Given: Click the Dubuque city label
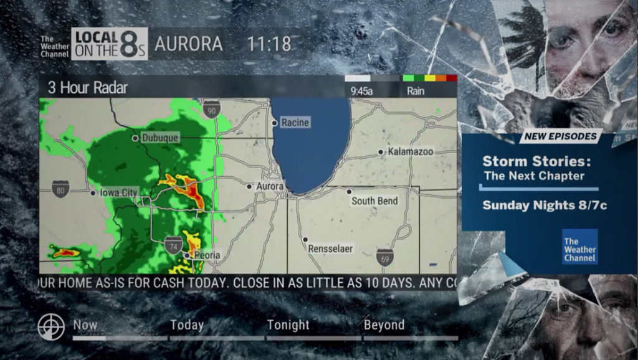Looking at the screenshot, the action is click(x=160, y=138).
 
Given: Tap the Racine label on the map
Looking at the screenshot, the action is click(x=295, y=123).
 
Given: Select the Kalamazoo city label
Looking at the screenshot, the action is click(x=410, y=151).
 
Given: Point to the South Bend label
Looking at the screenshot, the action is click(x=374, y=201).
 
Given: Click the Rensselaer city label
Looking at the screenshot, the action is click(x=330, y=249).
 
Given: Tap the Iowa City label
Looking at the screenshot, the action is click(x=118, y=193).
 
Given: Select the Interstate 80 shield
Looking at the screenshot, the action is click(x=60, y=189).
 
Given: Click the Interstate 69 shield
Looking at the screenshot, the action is click(x=384, y=257).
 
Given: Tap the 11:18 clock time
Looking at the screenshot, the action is click(x=269, y=44).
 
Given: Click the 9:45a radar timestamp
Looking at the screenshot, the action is click(x=362, y=91).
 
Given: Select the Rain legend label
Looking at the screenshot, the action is click(x=416, y=91).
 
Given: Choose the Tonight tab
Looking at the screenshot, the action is click(x=288, y=325).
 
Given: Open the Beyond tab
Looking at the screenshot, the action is click(x=384, y=325).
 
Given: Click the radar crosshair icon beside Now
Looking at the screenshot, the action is click(x=51, y=327).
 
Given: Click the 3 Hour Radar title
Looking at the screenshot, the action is click(x=88, y=88).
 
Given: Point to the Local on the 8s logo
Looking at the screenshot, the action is click(x=110, y=44).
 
